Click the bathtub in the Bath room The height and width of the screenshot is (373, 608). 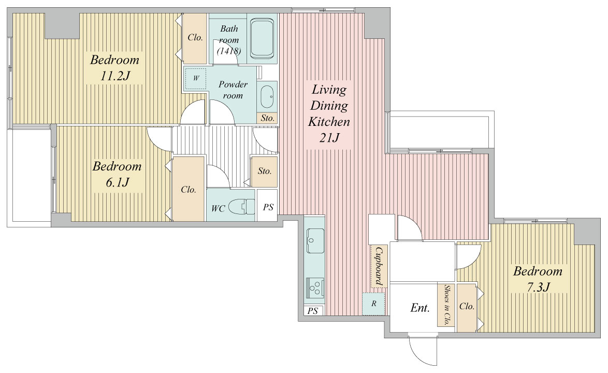point(262,39)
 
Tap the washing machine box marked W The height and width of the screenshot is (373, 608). point(195,78)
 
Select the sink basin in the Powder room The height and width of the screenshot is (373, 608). point(267,96)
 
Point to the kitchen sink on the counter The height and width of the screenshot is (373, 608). point(315,240)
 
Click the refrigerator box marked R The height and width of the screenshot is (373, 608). point(373,304)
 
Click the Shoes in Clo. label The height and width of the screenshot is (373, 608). point(446,305)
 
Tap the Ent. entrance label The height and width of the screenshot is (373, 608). point(420,308)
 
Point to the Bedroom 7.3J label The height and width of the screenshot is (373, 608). point(538,279)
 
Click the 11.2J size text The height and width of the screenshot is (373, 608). point(114,76)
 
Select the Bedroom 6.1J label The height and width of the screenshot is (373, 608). point(117,174)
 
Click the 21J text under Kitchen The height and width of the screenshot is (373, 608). point(329,138)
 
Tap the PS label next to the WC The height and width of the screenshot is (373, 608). point(268,207)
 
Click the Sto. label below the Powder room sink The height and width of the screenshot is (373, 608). point(268,118)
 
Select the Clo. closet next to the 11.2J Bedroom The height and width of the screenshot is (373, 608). point(195,39)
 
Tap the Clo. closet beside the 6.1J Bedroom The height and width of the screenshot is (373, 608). point(189,189)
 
